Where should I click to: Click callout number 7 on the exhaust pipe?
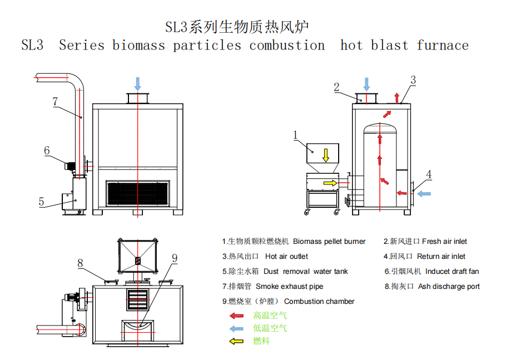click(55, 102)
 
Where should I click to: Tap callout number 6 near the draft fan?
click(47, 151)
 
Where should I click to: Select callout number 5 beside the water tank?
click(41, 202)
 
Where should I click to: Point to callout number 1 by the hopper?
click(295, 135)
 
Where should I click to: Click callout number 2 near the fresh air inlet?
click(336, 87)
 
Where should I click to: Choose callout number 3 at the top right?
click(413, 80)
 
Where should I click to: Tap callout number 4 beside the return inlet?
click(429, 174)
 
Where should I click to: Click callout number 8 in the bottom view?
click(80, 263)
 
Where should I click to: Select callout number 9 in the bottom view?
click(175, 258)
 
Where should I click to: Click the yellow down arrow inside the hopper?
click(326, 155)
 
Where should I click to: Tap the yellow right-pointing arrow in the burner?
click(330, 183)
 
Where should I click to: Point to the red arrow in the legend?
click(236, 316)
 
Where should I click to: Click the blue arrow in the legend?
click(236, 328)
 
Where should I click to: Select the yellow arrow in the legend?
click(236, 341)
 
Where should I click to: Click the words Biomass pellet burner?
click(329, 242)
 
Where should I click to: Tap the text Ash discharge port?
click(449, 286)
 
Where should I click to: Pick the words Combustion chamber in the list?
click(319, 301)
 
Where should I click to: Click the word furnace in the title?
click(443, 46)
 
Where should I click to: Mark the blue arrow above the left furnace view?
click(137, 84)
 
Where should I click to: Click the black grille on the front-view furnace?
click(138, 193)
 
